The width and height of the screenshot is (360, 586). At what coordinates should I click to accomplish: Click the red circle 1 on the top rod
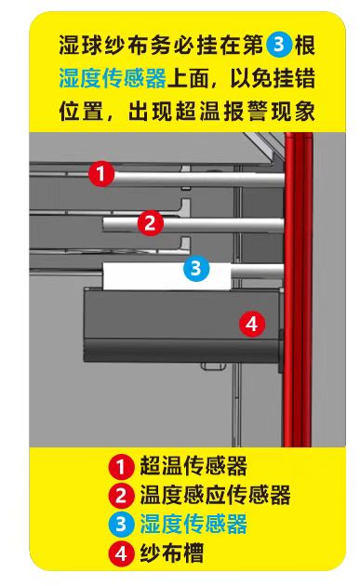pos(102,173)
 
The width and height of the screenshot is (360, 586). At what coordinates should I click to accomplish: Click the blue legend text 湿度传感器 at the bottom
pos(193,524)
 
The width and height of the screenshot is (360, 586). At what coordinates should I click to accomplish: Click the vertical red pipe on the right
pos(297,279)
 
